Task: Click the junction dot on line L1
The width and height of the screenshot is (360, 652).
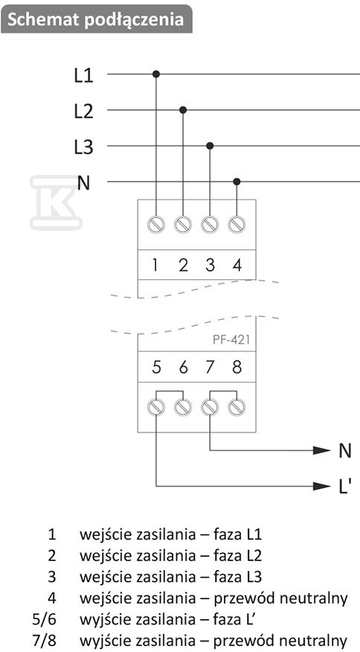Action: [x=156, y=74]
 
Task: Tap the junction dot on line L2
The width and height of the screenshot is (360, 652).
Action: [x=183, y=109]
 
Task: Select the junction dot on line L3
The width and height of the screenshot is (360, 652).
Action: [x=210, y=146]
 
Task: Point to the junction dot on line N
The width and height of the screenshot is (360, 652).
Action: [x=237, y=182]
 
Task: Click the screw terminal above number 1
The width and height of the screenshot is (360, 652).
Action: [x=156, y=225]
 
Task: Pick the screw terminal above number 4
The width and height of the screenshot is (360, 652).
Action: [x=237, y=225]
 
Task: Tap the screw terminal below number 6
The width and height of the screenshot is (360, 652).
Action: [x=183, y=407]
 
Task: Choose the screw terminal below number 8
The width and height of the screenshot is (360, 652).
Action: [x=237, y=407]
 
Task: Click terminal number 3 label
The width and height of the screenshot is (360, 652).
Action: [x=210, y=265]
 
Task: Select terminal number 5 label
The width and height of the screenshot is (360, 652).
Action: [x=156, y=367]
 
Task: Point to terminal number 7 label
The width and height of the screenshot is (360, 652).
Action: [x=210, y=367]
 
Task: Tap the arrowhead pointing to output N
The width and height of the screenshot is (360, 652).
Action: [x=322, y=450]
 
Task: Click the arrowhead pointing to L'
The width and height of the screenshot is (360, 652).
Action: [x=322, y=486]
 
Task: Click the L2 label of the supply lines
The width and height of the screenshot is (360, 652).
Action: [x=83, y=112]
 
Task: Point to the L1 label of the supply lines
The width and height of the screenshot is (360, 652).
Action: [x=83, y=76]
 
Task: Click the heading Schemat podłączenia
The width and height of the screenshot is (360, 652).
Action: [x=96, y=19]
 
